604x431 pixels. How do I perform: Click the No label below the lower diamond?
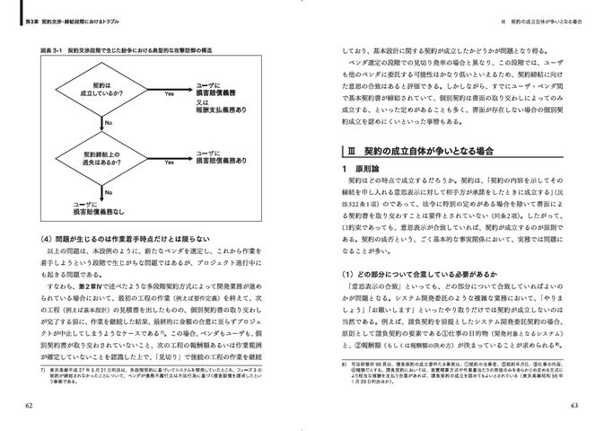point(109,191)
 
